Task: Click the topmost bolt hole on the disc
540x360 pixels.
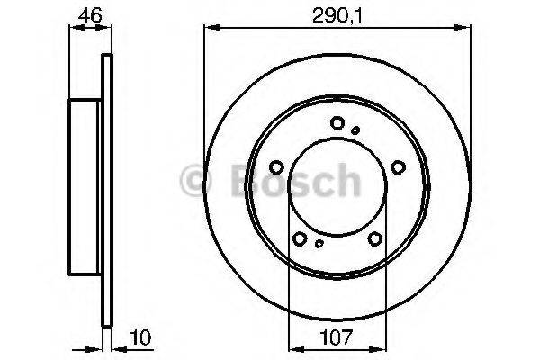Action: click(x=337, y=124)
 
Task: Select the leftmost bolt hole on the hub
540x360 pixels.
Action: click(x=277, y=166)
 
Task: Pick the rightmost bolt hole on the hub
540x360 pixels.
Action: click(x=397, y=166)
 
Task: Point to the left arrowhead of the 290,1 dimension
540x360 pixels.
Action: click(x=210, y=28)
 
